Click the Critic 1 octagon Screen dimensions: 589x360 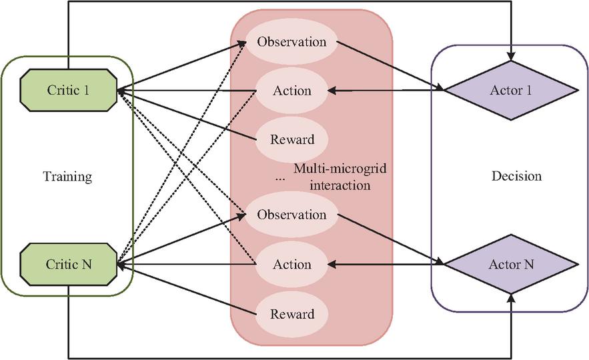68,90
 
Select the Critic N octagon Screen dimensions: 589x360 68,264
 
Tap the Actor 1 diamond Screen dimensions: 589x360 511,91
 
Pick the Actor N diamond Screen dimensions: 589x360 511,264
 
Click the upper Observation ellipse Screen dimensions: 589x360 291,42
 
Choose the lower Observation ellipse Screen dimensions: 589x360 291,215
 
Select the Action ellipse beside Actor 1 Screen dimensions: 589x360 292,91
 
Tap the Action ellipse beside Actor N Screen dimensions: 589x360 292,264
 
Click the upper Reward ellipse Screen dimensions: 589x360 292,139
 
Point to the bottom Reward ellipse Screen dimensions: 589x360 292,314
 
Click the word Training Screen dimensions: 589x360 67,177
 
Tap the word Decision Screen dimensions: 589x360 516,176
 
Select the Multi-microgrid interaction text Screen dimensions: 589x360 340,177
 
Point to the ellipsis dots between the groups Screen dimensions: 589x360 280,180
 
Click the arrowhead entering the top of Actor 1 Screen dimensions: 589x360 511,56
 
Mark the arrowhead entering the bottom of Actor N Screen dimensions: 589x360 511,299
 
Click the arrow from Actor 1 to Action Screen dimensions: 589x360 386,91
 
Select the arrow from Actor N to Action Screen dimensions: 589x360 386,264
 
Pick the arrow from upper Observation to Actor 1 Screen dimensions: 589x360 390,66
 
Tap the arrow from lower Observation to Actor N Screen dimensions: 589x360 390,239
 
